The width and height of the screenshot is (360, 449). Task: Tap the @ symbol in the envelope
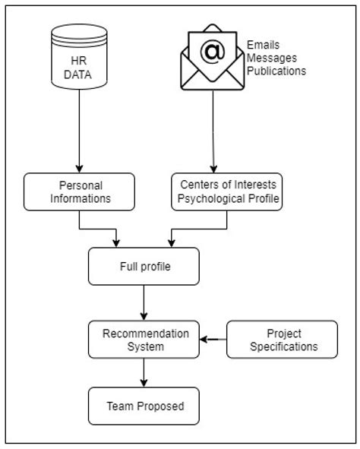coord(213,52)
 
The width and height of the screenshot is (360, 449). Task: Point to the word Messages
coord(271,58)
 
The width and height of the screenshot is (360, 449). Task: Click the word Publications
coord(276,71)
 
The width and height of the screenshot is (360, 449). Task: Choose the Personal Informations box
coord(79,191)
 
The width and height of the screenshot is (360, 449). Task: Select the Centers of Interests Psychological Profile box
coord(226,191)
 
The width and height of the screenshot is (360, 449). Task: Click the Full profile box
coord(144,267)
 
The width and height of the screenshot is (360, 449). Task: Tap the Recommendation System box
coord(144,340)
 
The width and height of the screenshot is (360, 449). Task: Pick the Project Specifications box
coord(283,340)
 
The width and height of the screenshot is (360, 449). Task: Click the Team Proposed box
coord(144,406)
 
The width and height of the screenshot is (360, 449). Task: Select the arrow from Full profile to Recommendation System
coord(144,303)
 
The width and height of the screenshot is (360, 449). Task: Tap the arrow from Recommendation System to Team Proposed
coord(144,372)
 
